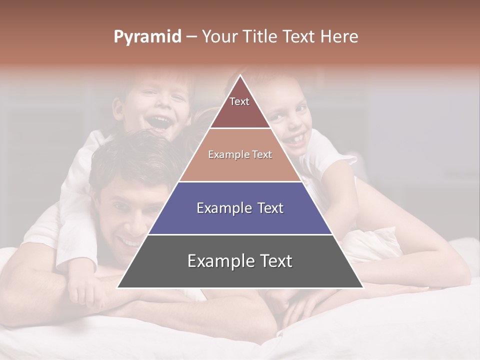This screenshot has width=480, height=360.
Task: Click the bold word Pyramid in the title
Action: tap(147, 37)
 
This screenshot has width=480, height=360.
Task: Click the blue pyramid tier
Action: tap(240, 220)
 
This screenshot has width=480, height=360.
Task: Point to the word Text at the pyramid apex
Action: tap(239, 101)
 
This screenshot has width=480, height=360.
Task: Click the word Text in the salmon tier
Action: tap(262, 154)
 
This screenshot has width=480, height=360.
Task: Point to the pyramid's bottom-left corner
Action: tap(118, 287)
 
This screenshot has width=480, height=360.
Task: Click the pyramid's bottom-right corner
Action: tap(362, 287)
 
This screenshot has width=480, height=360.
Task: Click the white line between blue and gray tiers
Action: tap(240, 234)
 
